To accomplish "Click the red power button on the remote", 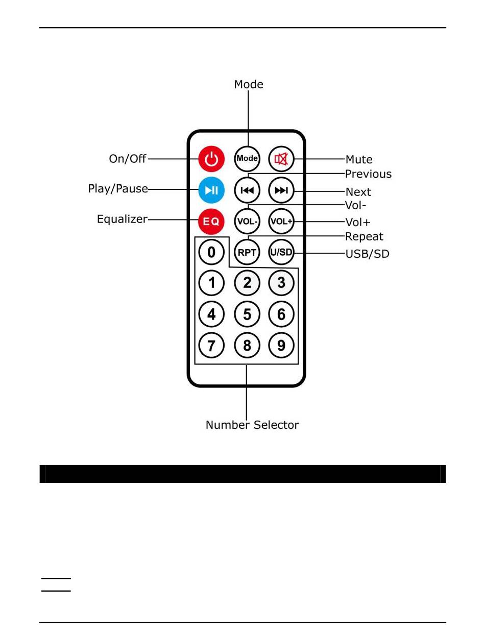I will point(211,159).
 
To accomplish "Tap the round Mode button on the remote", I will point(247,159).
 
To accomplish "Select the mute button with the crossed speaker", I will point(281,159).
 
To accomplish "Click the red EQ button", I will point(211,221).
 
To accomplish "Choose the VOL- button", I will point(247,221).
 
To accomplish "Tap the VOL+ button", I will point(281,221).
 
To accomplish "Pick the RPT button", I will point(247,252).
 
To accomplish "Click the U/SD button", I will point(281,252).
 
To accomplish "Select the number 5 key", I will point(247,314).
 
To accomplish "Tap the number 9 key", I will point(281,346).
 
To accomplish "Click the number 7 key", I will point(211,346).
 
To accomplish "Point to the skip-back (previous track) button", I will point(247,190).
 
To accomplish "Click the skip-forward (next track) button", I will point(281,190).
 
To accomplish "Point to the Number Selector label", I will point(252,425).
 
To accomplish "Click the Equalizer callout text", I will point(122,219).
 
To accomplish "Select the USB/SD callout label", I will point(367,254).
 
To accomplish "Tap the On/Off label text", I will point(128,159).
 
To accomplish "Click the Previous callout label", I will point(368,174).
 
